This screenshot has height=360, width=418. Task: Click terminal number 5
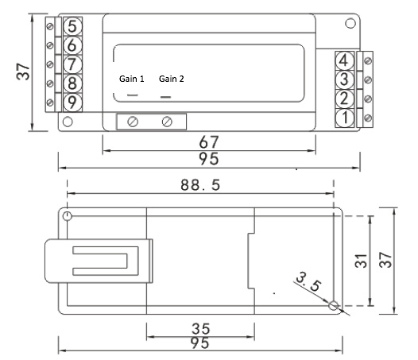click(x=72, y=26)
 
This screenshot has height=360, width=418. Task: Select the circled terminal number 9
click(x=72, y=103)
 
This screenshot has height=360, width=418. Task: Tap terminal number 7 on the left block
click(x=72, y=64)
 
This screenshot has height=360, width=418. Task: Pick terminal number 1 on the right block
click(x=345, y=118)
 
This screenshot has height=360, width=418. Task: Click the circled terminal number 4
click(x=345, y=60)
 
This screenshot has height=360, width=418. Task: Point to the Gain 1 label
click(x=131, y=79)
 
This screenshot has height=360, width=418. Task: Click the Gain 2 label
click(x=172, y=79)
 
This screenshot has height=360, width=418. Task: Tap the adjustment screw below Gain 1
click(x=133, y=122)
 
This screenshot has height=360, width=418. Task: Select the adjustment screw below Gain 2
click(x=167, y=122)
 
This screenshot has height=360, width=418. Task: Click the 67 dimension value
click(x=209, y=142)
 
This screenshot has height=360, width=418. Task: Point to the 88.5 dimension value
click(x=200, y=185)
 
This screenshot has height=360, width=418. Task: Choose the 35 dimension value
click(x=201, y=329)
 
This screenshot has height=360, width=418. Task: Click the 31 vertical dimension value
click(x=361, y=261)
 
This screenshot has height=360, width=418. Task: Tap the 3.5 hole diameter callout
click(x=309, y=281)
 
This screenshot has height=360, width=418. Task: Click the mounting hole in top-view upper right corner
click(x=350, y=23)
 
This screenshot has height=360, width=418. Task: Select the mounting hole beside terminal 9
click(x=68, y=122)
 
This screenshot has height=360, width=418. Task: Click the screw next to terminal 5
click(x=50, y=26)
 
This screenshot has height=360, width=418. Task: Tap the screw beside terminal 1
click(x=368, y=118)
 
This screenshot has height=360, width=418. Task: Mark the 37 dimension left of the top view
click(x=23, y=72)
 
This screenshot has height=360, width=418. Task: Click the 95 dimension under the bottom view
click(x=200, y=343)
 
